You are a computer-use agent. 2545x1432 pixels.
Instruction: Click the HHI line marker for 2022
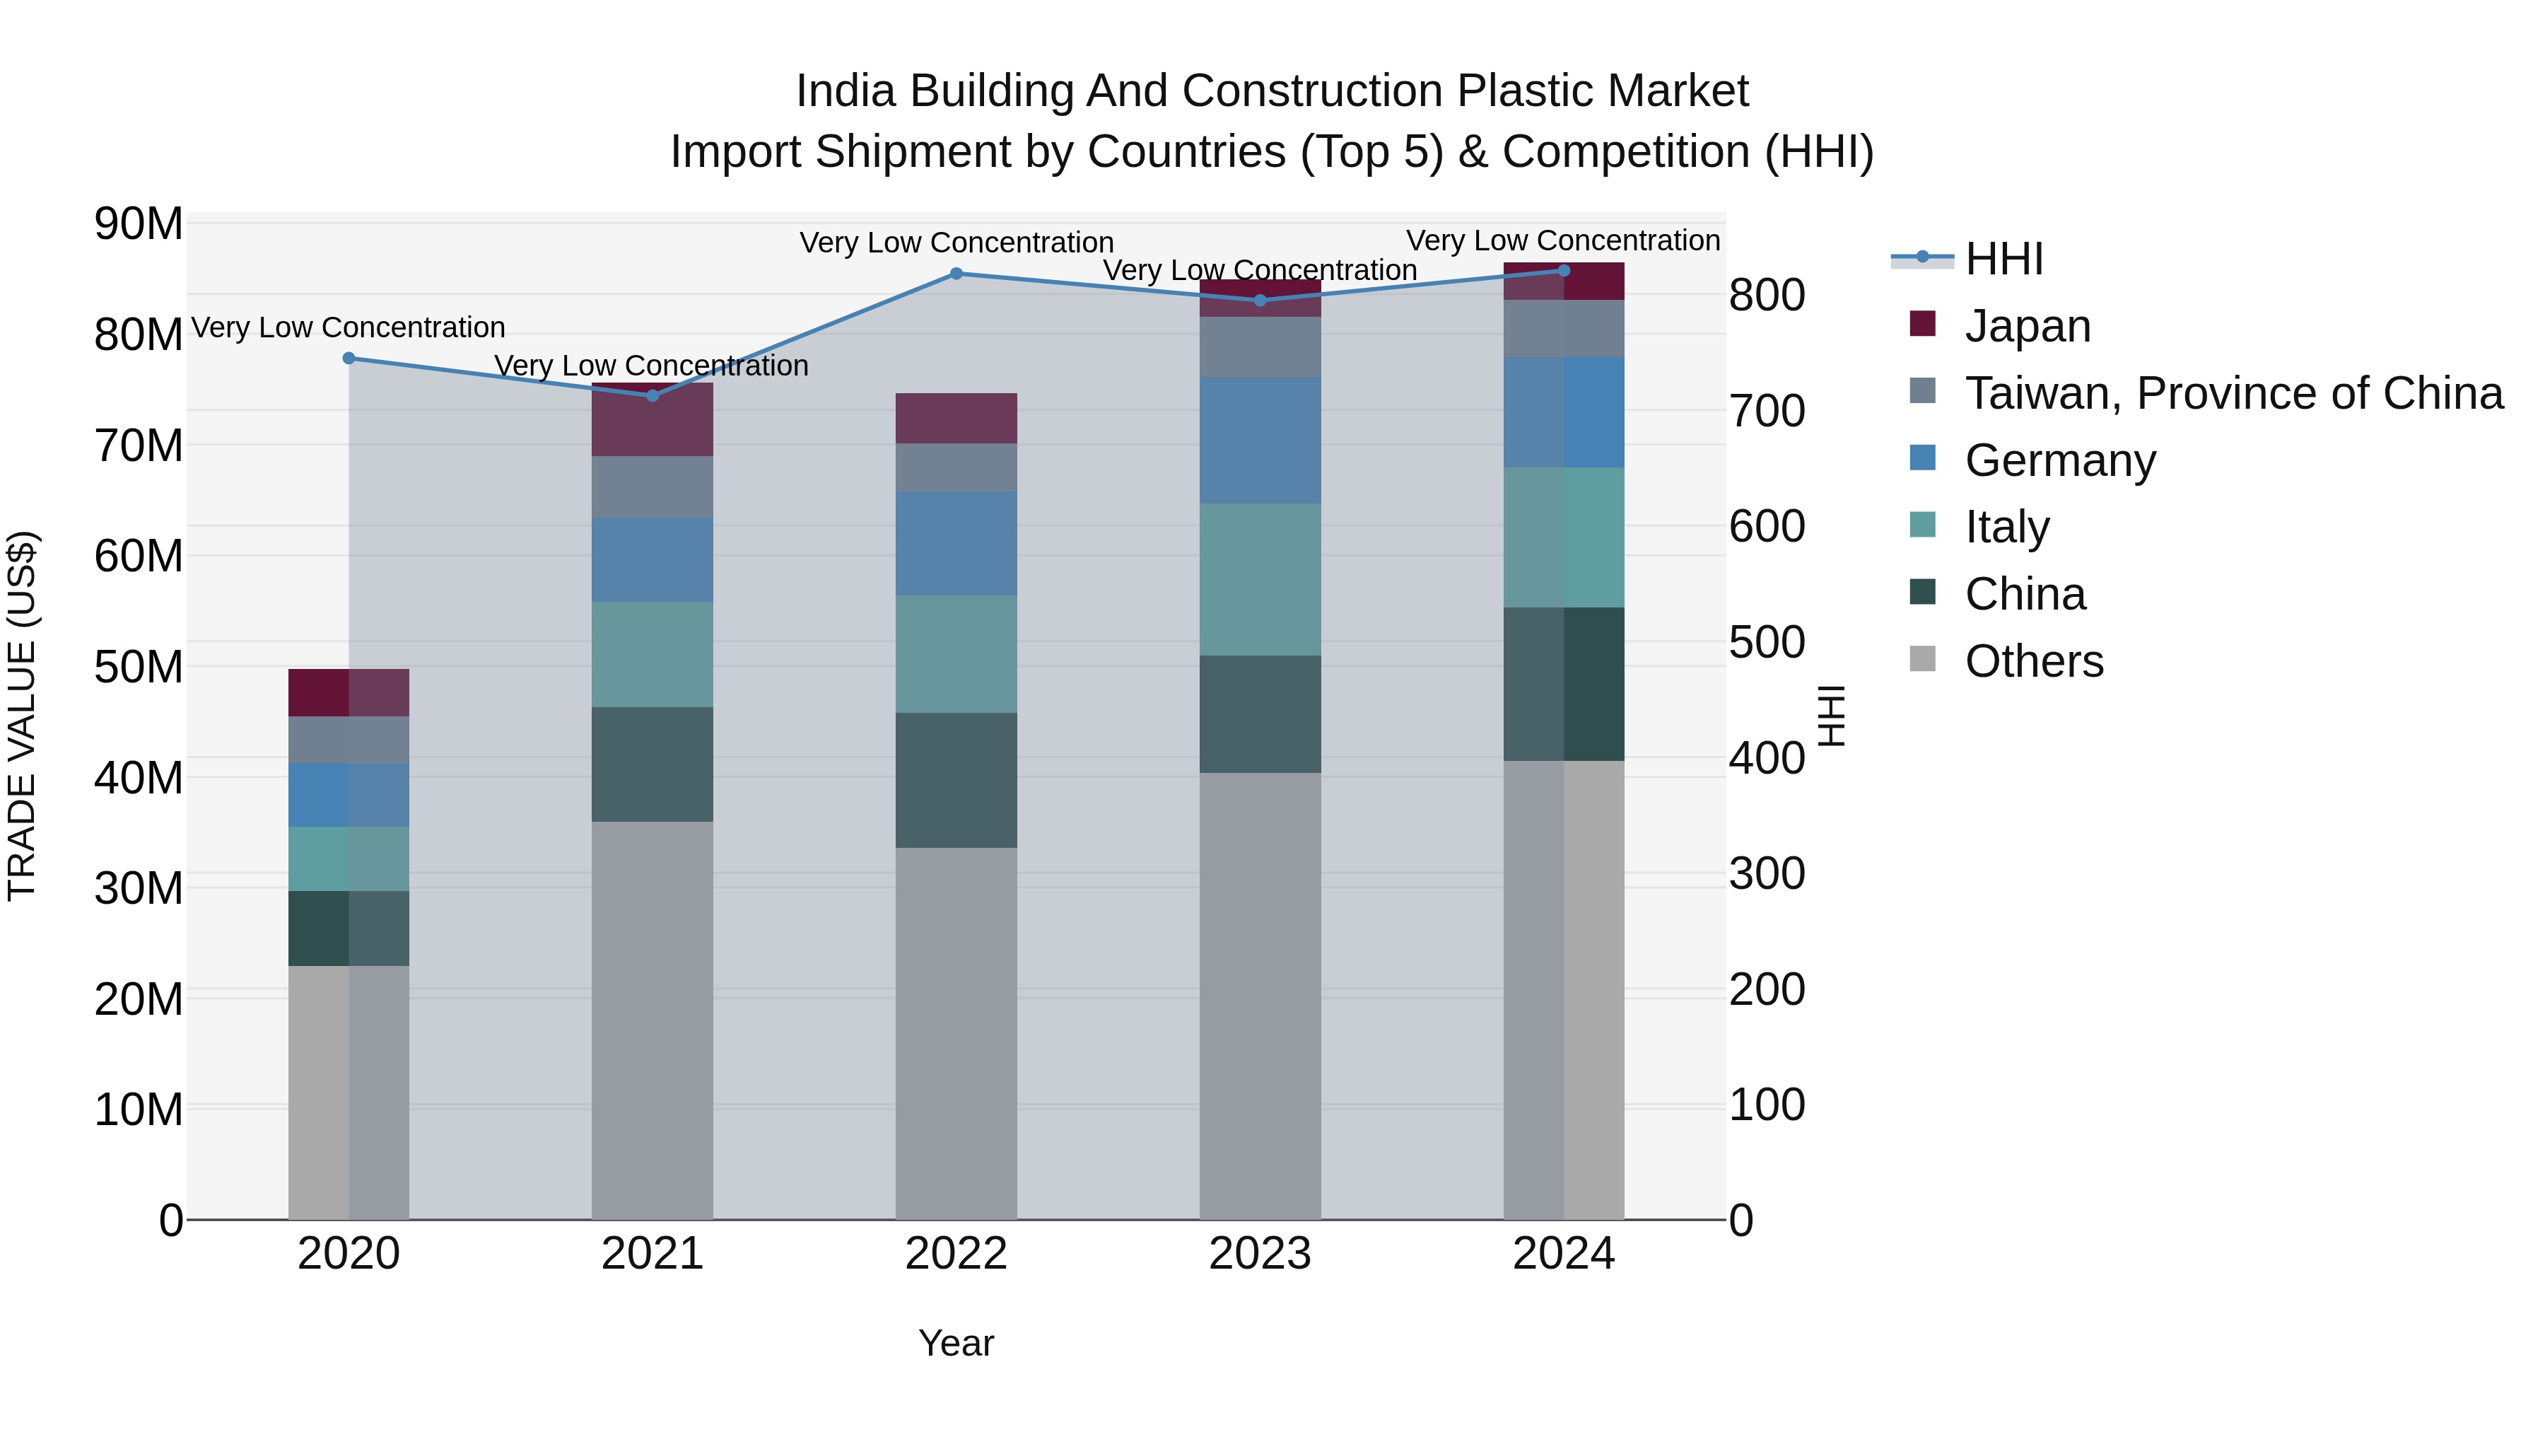click(955, 274)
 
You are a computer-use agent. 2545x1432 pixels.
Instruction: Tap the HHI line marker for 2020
click(349, 359)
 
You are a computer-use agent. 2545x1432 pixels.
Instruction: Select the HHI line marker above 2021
click(652, 395)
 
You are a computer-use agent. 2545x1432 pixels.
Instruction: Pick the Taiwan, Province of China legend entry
click(2233, 393)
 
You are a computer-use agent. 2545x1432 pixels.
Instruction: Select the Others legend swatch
click(1923, 659)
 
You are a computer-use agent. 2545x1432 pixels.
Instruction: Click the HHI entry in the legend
click(2003, 259)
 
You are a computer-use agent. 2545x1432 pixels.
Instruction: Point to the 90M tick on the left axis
click(139, 224)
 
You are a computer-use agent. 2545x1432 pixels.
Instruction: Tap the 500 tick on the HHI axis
click(1767, 642)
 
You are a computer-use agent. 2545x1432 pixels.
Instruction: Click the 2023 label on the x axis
click(1260, 1254)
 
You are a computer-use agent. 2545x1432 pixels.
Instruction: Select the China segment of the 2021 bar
click(652, 764)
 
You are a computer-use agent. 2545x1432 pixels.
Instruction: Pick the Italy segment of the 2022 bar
click(955, 653)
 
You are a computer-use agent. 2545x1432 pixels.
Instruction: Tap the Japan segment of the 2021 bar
click(652, 420)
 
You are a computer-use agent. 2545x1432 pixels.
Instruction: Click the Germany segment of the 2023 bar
click(1260, 440)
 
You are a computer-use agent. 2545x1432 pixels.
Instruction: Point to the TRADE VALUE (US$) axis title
click(22, 716)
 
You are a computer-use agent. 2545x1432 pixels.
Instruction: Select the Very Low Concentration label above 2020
click(348, 327)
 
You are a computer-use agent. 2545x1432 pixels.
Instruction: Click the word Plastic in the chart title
click(1526, 91)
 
